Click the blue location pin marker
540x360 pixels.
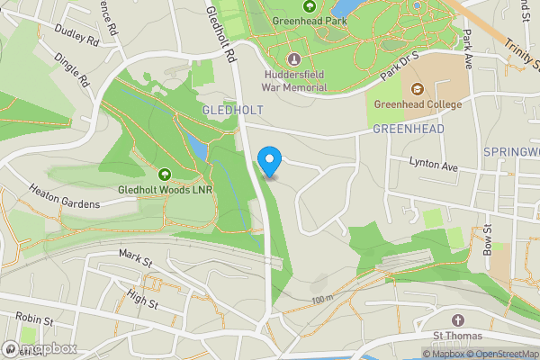tap(269, 160)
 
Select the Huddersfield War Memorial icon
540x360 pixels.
tap(293, 58)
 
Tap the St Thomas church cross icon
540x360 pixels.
tap(457, 321)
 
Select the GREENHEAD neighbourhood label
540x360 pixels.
tap(409, 130)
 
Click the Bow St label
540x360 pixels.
tap(487, 240)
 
